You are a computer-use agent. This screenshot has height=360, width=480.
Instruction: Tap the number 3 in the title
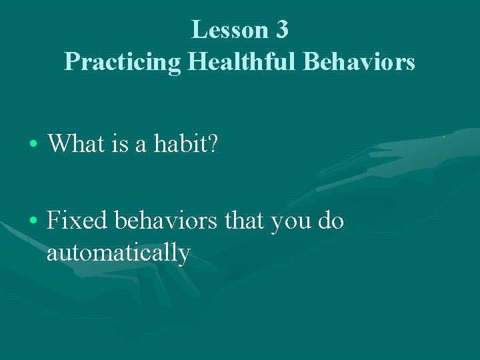tap(280, 30)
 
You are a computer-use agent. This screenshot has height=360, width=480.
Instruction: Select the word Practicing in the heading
tap(123, 62)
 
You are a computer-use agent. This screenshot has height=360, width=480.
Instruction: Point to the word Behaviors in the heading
tap(359, 62)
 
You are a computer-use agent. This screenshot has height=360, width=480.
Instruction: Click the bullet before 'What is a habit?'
tap(33, 143)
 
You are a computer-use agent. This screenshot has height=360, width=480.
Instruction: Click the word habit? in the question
tap(189, 142)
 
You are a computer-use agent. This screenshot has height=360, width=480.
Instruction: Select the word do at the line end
tap(331, 221)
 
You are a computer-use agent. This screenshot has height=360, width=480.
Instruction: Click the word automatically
tap(119, 253)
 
